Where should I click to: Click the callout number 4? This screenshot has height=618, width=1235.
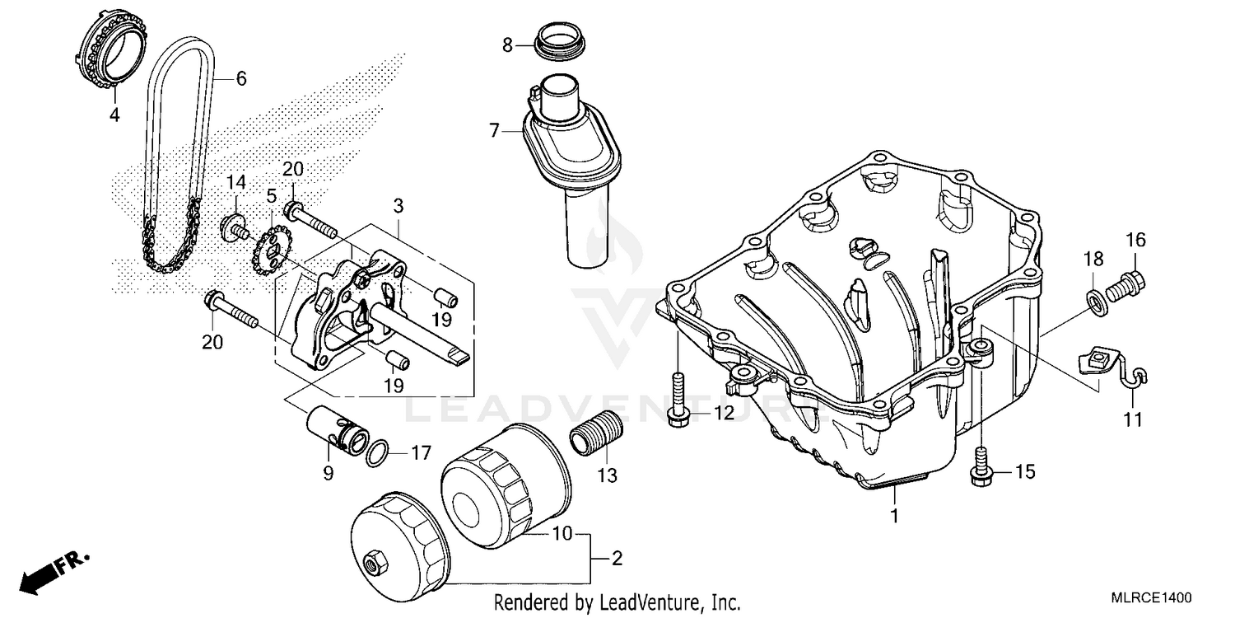tap(114, 115)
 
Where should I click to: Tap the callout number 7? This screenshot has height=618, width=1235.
tap(494, 130)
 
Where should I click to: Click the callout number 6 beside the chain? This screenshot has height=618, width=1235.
tap(240, 79)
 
